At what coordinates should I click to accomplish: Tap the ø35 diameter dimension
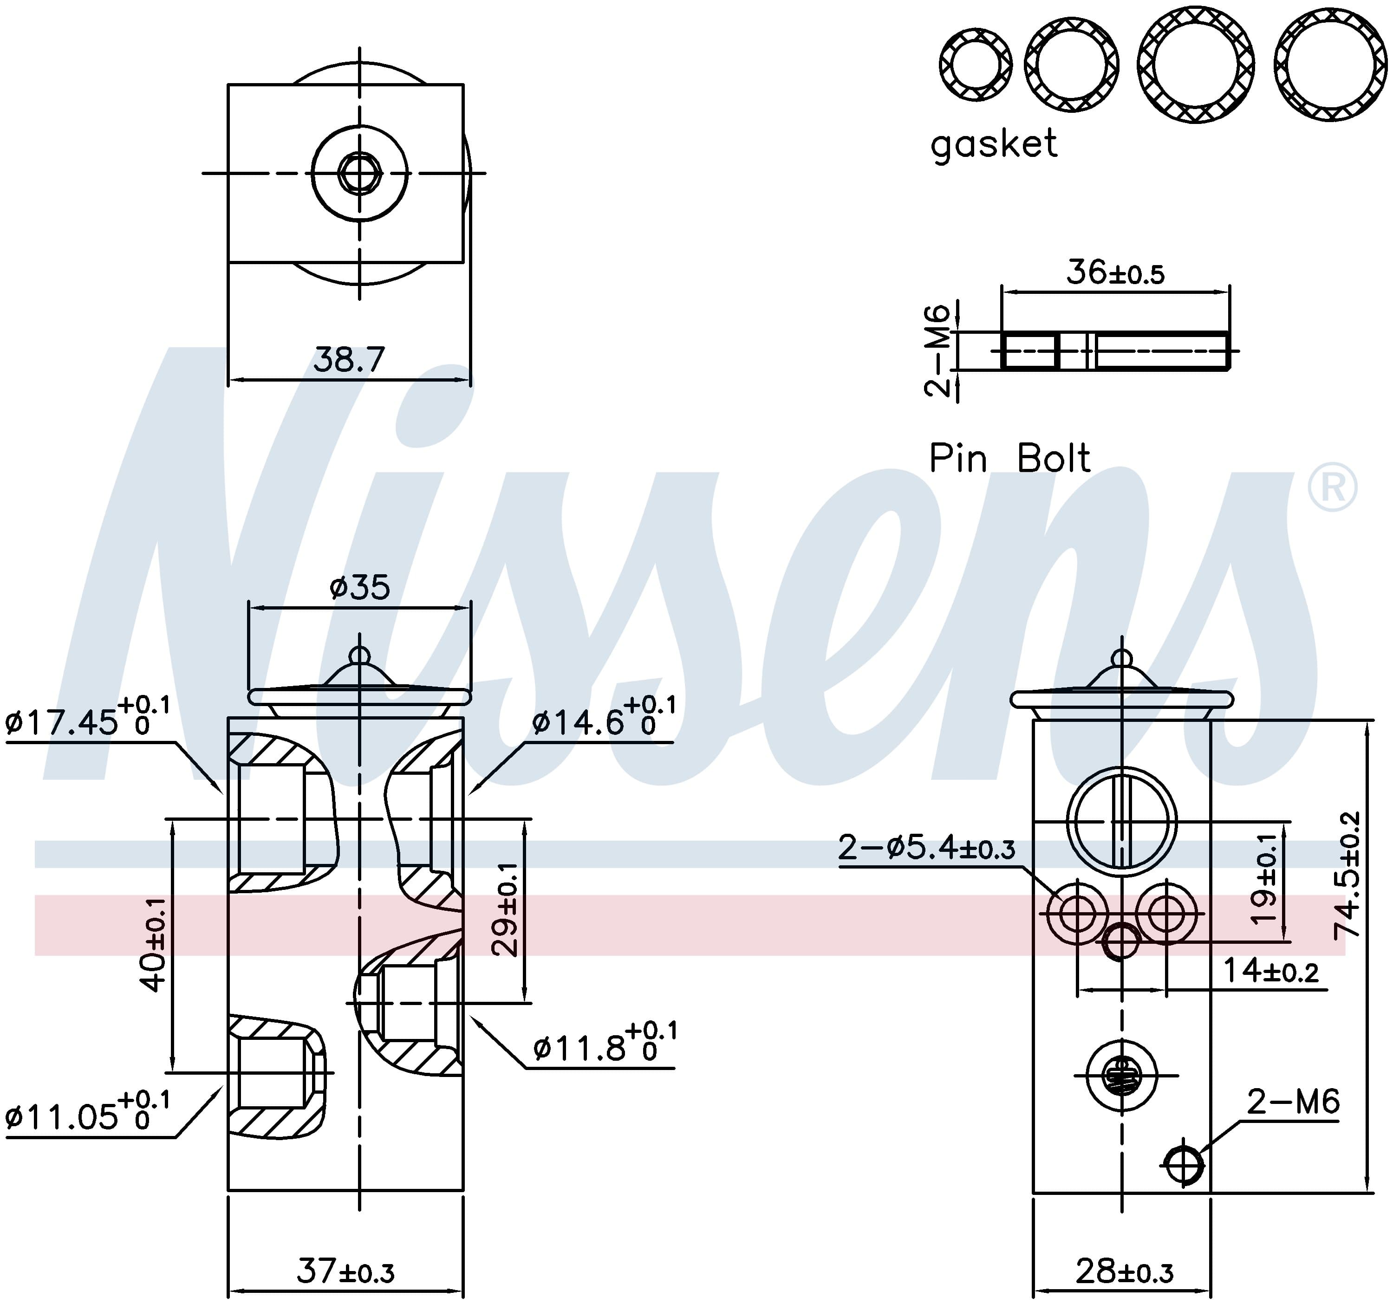click(x=359, y=587)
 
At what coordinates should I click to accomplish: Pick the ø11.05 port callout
click(x=88, y=1111)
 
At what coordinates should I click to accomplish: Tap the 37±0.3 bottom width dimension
click(x=345, y=1271)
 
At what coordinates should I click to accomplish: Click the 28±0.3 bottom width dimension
click(x=1124, y=1271)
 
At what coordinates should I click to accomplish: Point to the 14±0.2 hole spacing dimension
click(x=1271, y=971)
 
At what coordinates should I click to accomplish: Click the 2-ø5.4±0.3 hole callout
click(x=926, y=849)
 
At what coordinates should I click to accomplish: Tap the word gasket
click(x=994, y=145)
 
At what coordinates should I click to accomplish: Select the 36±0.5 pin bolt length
click(x=1115, y=272)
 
